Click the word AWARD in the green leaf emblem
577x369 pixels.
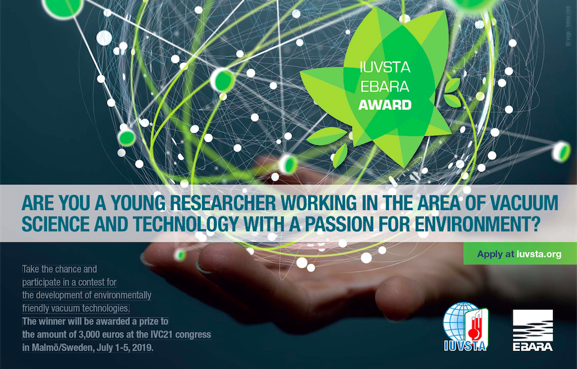[x=385, y=105]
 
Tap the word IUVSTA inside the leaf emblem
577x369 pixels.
[x=385, y=67]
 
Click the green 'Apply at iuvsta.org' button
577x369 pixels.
[x=520, y=254]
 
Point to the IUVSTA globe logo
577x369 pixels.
[x=465, y=327]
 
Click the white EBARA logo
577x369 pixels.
[x=533, y=330]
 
